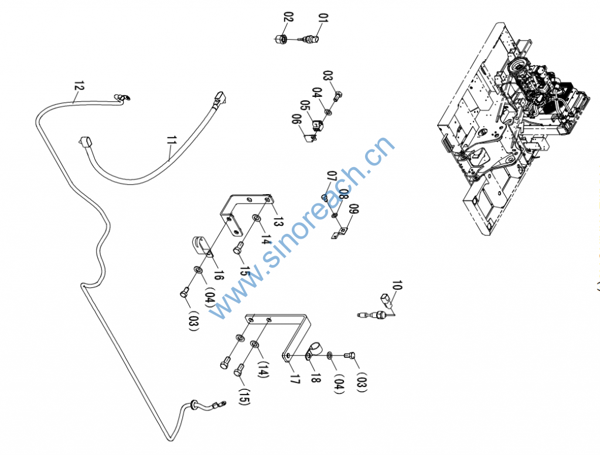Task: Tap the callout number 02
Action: coord(288,17)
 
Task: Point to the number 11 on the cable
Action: coord(172,142)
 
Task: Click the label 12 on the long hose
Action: coord(79,89)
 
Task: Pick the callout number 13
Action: coord(278,222)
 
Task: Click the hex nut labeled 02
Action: coord(280,39)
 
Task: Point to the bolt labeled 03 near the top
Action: coord(339,94)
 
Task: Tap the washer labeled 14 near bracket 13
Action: coord(256,218)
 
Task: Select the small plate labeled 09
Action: coord(338,235)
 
